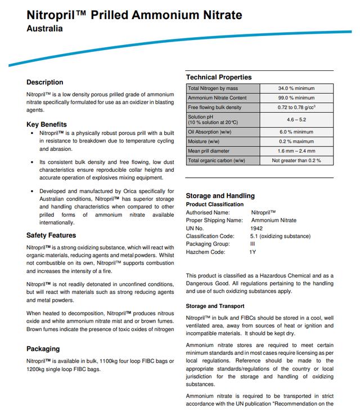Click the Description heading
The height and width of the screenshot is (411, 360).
pos(45,82)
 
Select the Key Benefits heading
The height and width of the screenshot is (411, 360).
pos(47,124)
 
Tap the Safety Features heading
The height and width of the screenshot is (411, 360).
pos(51,235)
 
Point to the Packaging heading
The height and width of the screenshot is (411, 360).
pos(43,349)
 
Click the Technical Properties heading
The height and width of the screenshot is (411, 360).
pos(219,77)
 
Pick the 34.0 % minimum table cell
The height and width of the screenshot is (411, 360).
pos(296,88)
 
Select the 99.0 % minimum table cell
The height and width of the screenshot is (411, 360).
pos(296,98)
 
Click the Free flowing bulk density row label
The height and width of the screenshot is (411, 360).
pos(214,108)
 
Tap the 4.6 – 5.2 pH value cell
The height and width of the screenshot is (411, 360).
pos(296,119)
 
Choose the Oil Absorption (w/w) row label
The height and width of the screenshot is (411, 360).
pos(211,132)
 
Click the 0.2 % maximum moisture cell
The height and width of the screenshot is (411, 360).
pos(296,141)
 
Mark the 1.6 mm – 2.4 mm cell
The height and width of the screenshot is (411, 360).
pos(296,151)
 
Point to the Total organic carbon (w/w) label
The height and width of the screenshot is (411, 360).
pos(217,160)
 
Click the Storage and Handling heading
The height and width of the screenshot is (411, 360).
pos(220,196)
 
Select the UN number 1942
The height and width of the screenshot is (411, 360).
pos(256,228)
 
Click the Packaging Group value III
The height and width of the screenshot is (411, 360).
pos(253,244)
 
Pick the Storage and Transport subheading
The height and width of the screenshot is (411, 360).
pos(215,306)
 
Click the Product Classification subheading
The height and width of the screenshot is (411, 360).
pos(215,204)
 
